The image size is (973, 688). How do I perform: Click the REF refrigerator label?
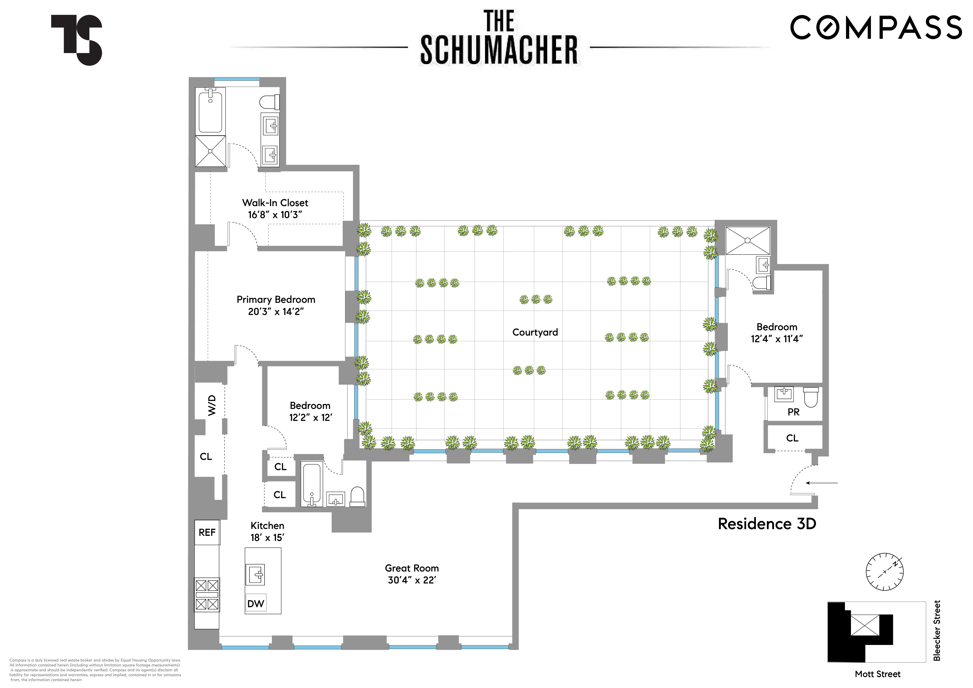click(207, 532)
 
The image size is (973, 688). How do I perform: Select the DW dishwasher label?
click(256, 604)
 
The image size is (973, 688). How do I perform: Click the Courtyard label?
click(535, 332)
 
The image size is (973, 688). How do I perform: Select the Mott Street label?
click(877, 674)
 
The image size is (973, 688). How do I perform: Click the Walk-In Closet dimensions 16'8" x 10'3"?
click(275, 215)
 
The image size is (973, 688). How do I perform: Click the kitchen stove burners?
click(207, 595)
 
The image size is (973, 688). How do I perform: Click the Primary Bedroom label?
click(276, 299)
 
